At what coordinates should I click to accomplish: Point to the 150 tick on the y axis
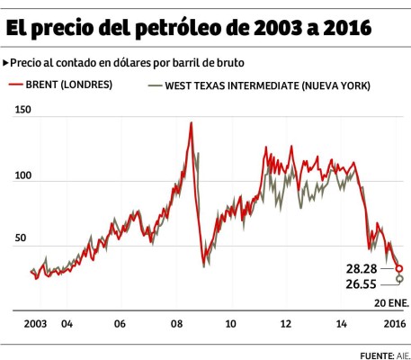pyautogui.click(x=22, y=110)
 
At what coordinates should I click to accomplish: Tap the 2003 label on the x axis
pyautogui.click(x=34, y=322)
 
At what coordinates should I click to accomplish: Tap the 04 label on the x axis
pyautogui.click(x=67, y=322)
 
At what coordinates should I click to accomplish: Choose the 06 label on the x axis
pyautogui.click(x=121, y=322)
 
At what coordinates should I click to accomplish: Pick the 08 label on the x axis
pyautogui.click(x=176, y=322)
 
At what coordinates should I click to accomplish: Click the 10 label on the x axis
pyautogui.click(x=231, y=322)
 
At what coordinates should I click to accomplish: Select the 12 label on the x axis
pyautogui.click(x=286, y=322)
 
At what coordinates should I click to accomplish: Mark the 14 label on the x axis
pyautogui.click(x=341, y=322)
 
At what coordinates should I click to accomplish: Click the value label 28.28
pyautogui.click(x=361, y=269)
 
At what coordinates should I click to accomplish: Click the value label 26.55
pyautogui.click(x=361, y=284)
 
